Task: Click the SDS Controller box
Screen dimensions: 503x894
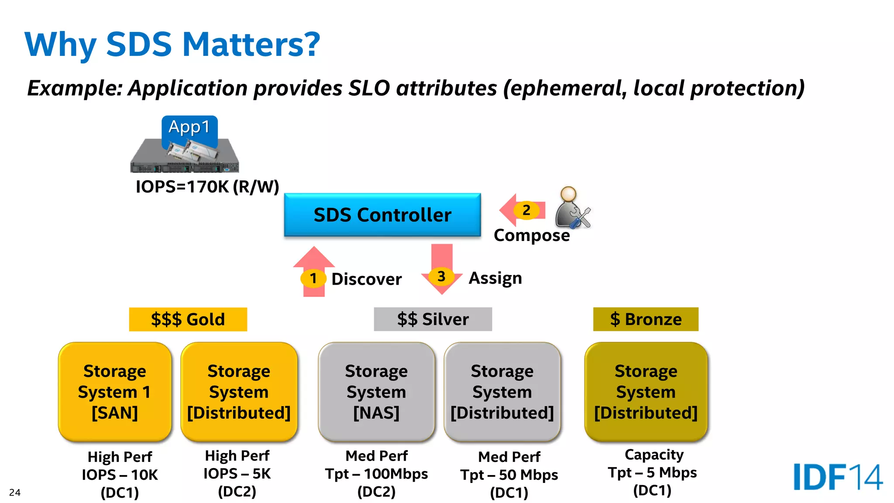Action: [x=382, y=215]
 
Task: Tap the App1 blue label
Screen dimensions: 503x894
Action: [x=189, y=127]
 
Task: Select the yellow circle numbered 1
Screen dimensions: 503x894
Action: [x=313, y=279]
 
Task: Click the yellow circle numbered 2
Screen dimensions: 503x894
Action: [x=526, y=210]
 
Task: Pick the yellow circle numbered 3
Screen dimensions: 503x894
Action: [x=441, y=276]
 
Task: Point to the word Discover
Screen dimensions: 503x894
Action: [x=366, y=279]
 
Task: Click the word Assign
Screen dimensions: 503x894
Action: [x=495, y=278]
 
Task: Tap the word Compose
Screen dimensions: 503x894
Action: [x=531, y=235]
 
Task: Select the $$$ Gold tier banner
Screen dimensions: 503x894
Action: [x=188, y=319]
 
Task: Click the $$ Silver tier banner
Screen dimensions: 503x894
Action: [x=433, y=319]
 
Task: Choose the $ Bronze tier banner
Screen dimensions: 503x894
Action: [x=645, y=319]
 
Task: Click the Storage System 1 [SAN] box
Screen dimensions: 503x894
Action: [x=115, y=392]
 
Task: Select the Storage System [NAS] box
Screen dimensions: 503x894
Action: [x=376, y=392]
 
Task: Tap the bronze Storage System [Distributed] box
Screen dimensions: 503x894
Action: [x=646, y=392]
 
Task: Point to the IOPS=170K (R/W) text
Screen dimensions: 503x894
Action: [x=207, y=187]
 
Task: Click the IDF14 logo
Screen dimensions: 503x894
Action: [x=838, y=477]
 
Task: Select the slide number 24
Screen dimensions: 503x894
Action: [x=15, y=493]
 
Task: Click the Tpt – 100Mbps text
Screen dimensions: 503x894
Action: [x=376, y=474]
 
